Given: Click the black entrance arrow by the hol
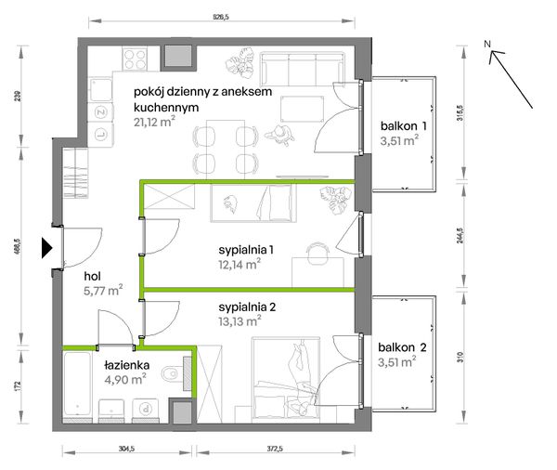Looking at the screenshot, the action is click(x=46, y=247).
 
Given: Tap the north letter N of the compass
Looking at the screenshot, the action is click(x=487, y=44).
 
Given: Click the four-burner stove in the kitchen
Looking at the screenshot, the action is click(x=135, y=59).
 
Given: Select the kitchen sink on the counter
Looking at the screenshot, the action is click(x=100, y=89).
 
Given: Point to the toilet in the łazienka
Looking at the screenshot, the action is click(x=170, y=373).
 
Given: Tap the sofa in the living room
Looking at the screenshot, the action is click(x=303, y=69).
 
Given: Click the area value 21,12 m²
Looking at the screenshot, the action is click(x=154, y=122).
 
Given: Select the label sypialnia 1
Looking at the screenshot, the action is click(x=246, y=250).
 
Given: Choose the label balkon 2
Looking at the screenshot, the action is click(x=402, y=347).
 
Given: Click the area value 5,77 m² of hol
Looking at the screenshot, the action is click(x=103, y=290).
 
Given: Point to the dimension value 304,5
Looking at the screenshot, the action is click(x=126, y=449).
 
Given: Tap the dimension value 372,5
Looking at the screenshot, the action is click(x=275, y=449).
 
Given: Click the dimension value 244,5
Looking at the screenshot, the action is click(x=460, y=235).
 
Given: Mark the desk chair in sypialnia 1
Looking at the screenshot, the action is click(x=318, y=253).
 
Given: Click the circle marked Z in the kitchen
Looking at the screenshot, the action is click(x=101, y=112).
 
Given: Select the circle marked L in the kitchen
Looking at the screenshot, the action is click(x=101, y=134).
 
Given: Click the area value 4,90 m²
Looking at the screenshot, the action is click(x=125, y=379).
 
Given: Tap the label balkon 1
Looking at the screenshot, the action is click(x=403, y=125).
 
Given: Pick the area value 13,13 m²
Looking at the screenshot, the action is click(x=240, y=321).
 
